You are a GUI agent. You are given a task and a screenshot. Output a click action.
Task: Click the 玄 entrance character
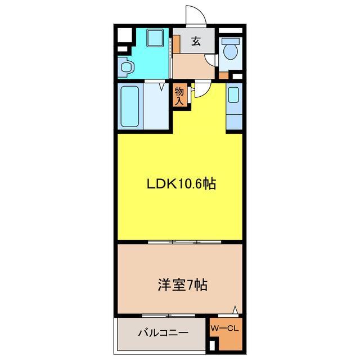pos(196,41)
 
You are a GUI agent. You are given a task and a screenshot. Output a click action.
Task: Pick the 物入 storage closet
pos(179,96)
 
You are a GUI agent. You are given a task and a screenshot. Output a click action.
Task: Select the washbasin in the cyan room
pos(127,67)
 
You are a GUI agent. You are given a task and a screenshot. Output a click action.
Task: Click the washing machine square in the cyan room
pos(154,39)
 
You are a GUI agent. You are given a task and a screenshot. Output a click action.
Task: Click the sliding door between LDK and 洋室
pos(184,242)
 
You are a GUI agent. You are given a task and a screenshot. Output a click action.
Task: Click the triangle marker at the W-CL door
pos(236,309)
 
